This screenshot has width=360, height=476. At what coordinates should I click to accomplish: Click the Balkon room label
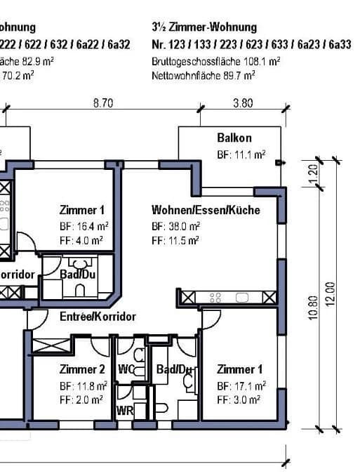(234, 138)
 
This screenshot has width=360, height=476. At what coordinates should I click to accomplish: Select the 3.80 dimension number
(242, 103)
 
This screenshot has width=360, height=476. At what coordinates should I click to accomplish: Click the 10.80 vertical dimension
(314, 308)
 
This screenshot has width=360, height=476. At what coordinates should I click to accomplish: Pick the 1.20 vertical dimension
(314, 170)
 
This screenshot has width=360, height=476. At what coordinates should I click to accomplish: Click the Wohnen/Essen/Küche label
(206, 210)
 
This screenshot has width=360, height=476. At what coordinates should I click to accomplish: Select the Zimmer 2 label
(83, 369)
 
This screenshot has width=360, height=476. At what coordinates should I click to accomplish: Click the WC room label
(126, 369)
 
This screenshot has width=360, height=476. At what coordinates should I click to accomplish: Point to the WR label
(125, 409)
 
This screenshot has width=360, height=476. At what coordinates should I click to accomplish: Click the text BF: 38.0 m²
(176, 227)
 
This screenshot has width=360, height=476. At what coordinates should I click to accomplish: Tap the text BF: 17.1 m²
(241, 386)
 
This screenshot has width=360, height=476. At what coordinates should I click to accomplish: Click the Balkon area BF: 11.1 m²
(241, 154)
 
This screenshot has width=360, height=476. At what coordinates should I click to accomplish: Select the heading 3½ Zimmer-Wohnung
(204, 27)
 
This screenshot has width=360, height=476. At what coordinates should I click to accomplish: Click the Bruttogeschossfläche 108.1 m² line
(216, 61)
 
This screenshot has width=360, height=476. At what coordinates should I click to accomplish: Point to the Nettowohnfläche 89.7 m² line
(208, 74)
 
